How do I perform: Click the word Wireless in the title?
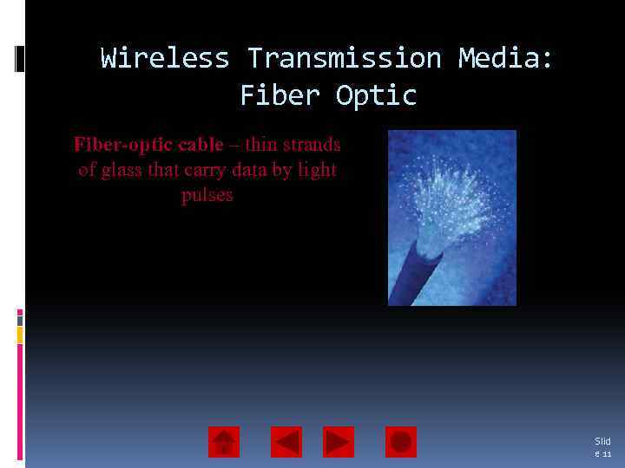coord(165,59)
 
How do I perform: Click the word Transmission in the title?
coord(343,59)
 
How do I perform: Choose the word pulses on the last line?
coord(207,195)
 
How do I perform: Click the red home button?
coord(224,442)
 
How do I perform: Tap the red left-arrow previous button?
coord(286,442)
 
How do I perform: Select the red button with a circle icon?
coord(401,442)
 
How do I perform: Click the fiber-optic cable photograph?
coord(451,218)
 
